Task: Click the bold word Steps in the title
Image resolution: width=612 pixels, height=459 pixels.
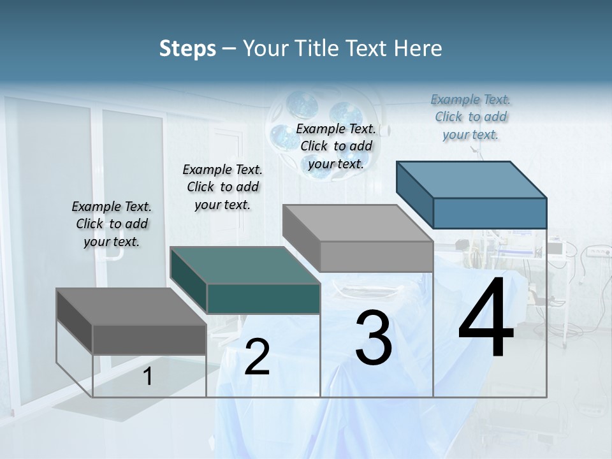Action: pyautogui.click(x=187, y=48)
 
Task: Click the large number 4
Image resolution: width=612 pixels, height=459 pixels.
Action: pyautogui.click(x=486, y=318)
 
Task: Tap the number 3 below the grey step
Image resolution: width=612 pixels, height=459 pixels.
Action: pyautogui.click(x=373, y=339)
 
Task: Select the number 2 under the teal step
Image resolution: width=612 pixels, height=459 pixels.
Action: pyautogui.click(x=257, y=357)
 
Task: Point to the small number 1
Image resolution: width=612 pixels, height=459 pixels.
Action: pyautogui.click(x=147, y=377)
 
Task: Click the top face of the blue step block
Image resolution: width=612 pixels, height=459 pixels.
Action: pyautogui.click(x=472, y=179)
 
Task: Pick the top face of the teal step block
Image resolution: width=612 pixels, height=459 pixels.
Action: pyautogui.click(x=245, y=265)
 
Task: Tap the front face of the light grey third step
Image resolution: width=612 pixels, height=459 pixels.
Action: pyautogui.click(x=376, y=257)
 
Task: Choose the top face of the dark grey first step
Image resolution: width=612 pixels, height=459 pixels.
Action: pyautogui.click(x=131, y=306)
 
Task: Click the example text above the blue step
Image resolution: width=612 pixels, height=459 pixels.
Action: pyautogui.click(x=470, y=117)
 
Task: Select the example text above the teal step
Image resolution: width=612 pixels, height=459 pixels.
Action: pyautogui.click(x=222, y=187)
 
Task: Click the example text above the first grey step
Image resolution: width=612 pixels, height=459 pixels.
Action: pyautogui.click(x=112, y=224)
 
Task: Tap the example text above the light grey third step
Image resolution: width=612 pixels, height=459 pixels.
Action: pyautogui.click(x=336, y=146)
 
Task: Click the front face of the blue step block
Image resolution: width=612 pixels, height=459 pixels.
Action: pyautogui.click(x=490, y=213)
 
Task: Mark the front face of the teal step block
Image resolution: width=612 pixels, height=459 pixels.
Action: pyautogui.click(x=263, y=298)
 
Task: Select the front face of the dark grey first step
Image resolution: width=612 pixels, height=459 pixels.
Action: pyautogui.click(x=149, y=339)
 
